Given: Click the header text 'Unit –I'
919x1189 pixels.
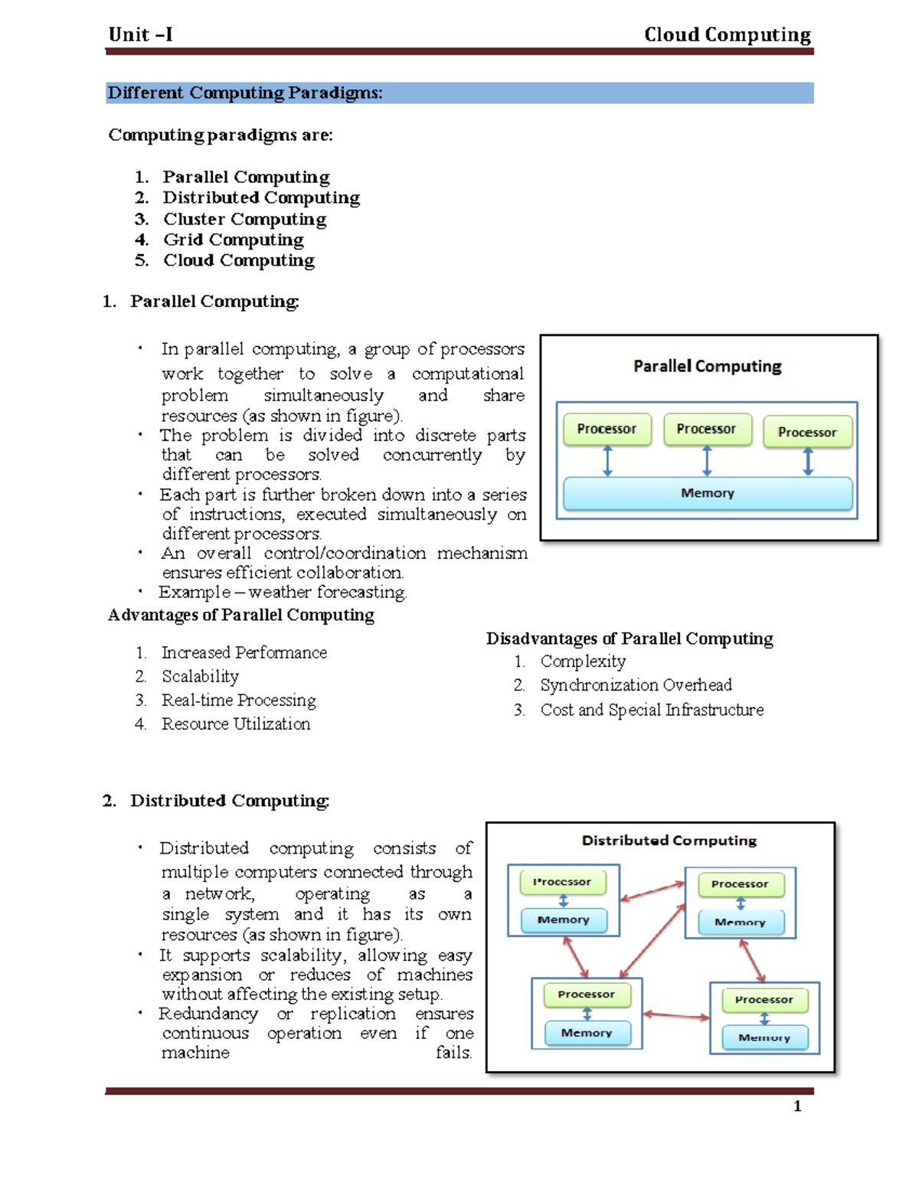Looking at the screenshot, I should [x=140, y=34].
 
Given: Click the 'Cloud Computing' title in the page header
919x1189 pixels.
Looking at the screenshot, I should [x=727, y=34].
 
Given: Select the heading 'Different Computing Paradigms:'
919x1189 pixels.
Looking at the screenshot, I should [x=245, y=93].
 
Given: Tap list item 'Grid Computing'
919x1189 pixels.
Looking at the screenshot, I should [x=233, y=240].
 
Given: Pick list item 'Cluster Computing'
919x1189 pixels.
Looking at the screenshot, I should [x=244, y=219].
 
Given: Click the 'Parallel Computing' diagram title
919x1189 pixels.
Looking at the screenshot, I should [x=707, y=366].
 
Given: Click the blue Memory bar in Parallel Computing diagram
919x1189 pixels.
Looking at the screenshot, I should [x=707, y=493].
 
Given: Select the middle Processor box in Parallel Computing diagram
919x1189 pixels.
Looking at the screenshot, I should [x=707, y=429].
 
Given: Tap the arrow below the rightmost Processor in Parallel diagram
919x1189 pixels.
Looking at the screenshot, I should [x=807, y=462].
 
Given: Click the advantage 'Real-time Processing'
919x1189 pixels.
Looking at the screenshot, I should [x=238, y=700].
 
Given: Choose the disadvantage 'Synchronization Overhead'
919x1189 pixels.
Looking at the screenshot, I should [x=636, y=684].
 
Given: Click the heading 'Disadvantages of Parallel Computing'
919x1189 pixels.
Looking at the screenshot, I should [x=629, y=639].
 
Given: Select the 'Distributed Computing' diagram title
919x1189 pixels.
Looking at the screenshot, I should [x=669, y=840].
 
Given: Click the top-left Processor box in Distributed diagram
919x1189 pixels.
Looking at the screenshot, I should [x=563, y=882].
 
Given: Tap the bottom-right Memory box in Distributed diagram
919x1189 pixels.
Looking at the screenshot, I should [x=764, y=1037].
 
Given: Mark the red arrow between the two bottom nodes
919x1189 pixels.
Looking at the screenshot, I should [x=676, y=1015].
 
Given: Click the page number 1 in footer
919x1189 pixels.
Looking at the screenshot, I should [x=797, y=1106].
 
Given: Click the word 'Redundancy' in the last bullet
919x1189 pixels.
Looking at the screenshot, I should [x=208, y=1014].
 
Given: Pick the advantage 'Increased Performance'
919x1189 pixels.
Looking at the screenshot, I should [x=244, y=652].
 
